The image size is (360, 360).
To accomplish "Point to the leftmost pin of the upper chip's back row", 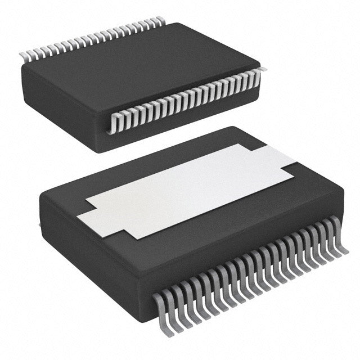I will click(24, 56).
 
